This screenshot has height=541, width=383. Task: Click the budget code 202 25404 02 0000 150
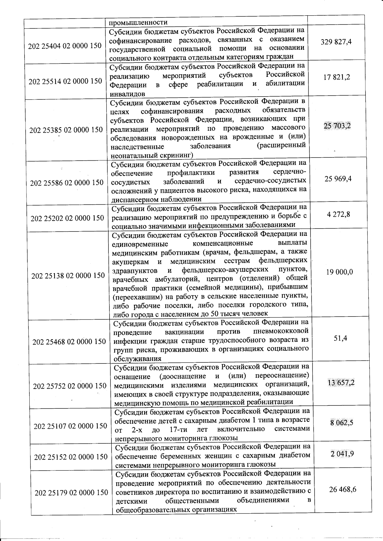[x=65, y=46]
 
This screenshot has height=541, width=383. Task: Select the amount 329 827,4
[x=336, y=42]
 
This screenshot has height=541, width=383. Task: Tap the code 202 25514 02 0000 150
[x=65, y=81]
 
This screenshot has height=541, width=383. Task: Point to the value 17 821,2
[x=337, y=77]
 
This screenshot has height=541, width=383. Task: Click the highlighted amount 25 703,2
[x=337, y=126]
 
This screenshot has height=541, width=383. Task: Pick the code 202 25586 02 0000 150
[x=67, y=183]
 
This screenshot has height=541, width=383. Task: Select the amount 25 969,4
[x=338, y=179]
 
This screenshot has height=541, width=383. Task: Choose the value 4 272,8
[x=338, y=214]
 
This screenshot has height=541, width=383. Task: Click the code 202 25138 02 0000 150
[x=68, y=275]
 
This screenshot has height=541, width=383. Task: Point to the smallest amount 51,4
[x=341, y=338]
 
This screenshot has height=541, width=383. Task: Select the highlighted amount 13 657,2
[x=341, y=383]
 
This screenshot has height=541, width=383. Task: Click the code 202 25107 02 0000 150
[x=70, y=426]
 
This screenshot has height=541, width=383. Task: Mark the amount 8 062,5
[x=342, y=423]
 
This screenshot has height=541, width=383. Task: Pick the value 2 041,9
[x=342, y=454]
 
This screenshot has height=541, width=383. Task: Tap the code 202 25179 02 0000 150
[x=71, y=493]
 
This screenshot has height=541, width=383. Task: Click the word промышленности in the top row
[x=138, y=22]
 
